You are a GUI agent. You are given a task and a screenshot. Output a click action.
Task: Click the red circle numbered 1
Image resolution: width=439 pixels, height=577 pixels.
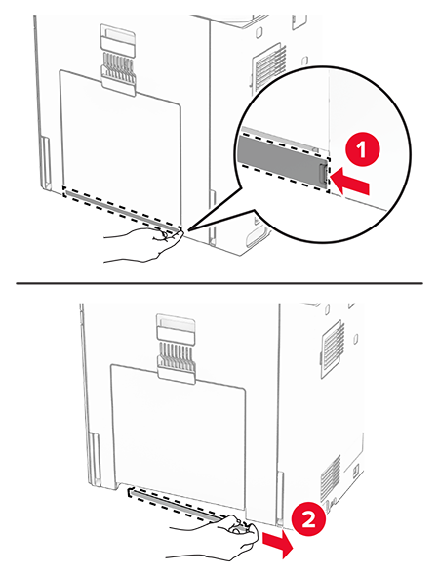pos(362,150)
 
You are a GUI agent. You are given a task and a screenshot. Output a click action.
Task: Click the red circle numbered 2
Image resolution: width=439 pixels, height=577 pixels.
pos(308,519)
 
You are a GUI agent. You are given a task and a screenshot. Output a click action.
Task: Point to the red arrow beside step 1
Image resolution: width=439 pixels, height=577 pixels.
pos(350,181)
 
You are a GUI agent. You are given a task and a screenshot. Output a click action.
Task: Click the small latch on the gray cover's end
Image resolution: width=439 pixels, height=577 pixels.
pos(322,174)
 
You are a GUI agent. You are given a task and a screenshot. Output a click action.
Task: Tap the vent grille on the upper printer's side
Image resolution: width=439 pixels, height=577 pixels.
pos(270,68)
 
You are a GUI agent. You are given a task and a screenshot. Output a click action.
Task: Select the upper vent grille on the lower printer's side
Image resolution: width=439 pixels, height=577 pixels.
pos(334,349)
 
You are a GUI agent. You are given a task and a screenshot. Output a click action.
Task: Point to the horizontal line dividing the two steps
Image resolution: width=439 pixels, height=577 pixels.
pos(219,283)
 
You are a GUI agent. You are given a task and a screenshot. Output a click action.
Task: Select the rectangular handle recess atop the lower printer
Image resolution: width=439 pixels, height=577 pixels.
pos(176,327)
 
